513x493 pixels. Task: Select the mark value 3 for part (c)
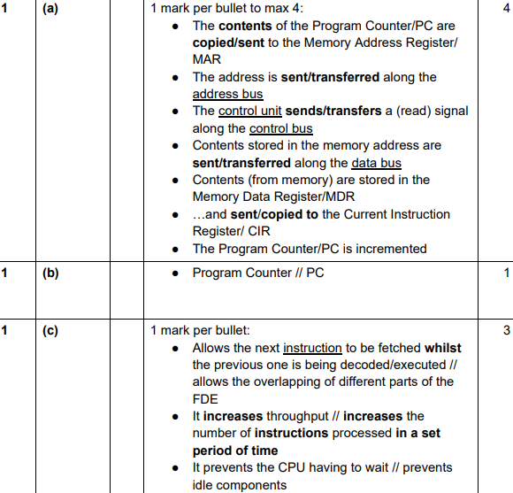click(506, 331)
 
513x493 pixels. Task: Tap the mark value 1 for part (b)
click(506, 273)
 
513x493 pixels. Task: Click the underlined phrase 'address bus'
click(227, 94)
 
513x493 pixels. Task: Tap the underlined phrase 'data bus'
click(376, 163)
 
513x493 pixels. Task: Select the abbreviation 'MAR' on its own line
click(207, 59)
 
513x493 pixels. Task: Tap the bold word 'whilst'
click(442, 348)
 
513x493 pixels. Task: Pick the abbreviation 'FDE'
click(205, 398)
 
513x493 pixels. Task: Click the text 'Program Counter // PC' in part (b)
click(257, 273)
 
